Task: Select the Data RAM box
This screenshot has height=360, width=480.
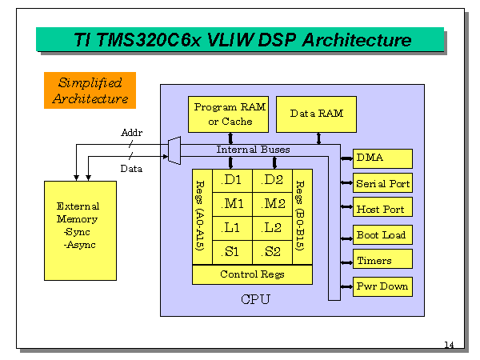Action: (316, 114)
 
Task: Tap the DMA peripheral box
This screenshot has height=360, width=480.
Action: (383, 158)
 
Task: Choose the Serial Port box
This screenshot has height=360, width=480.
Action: (383, 184)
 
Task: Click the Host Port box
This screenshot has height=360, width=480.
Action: (383, 210)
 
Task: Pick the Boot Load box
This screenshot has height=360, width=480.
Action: (383, 235)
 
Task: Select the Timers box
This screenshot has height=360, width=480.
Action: (383, 261)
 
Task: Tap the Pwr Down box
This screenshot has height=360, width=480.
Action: (383, 286)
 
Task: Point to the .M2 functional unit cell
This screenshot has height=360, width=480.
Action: (272, 203)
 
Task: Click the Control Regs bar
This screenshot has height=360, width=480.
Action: (252, 274)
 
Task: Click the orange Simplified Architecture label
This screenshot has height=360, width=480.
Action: (90, 90)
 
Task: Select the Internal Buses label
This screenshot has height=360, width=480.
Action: (252, 150)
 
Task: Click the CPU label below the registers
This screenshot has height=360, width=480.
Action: (256, 300)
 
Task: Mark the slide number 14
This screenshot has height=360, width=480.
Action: (449, 345)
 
